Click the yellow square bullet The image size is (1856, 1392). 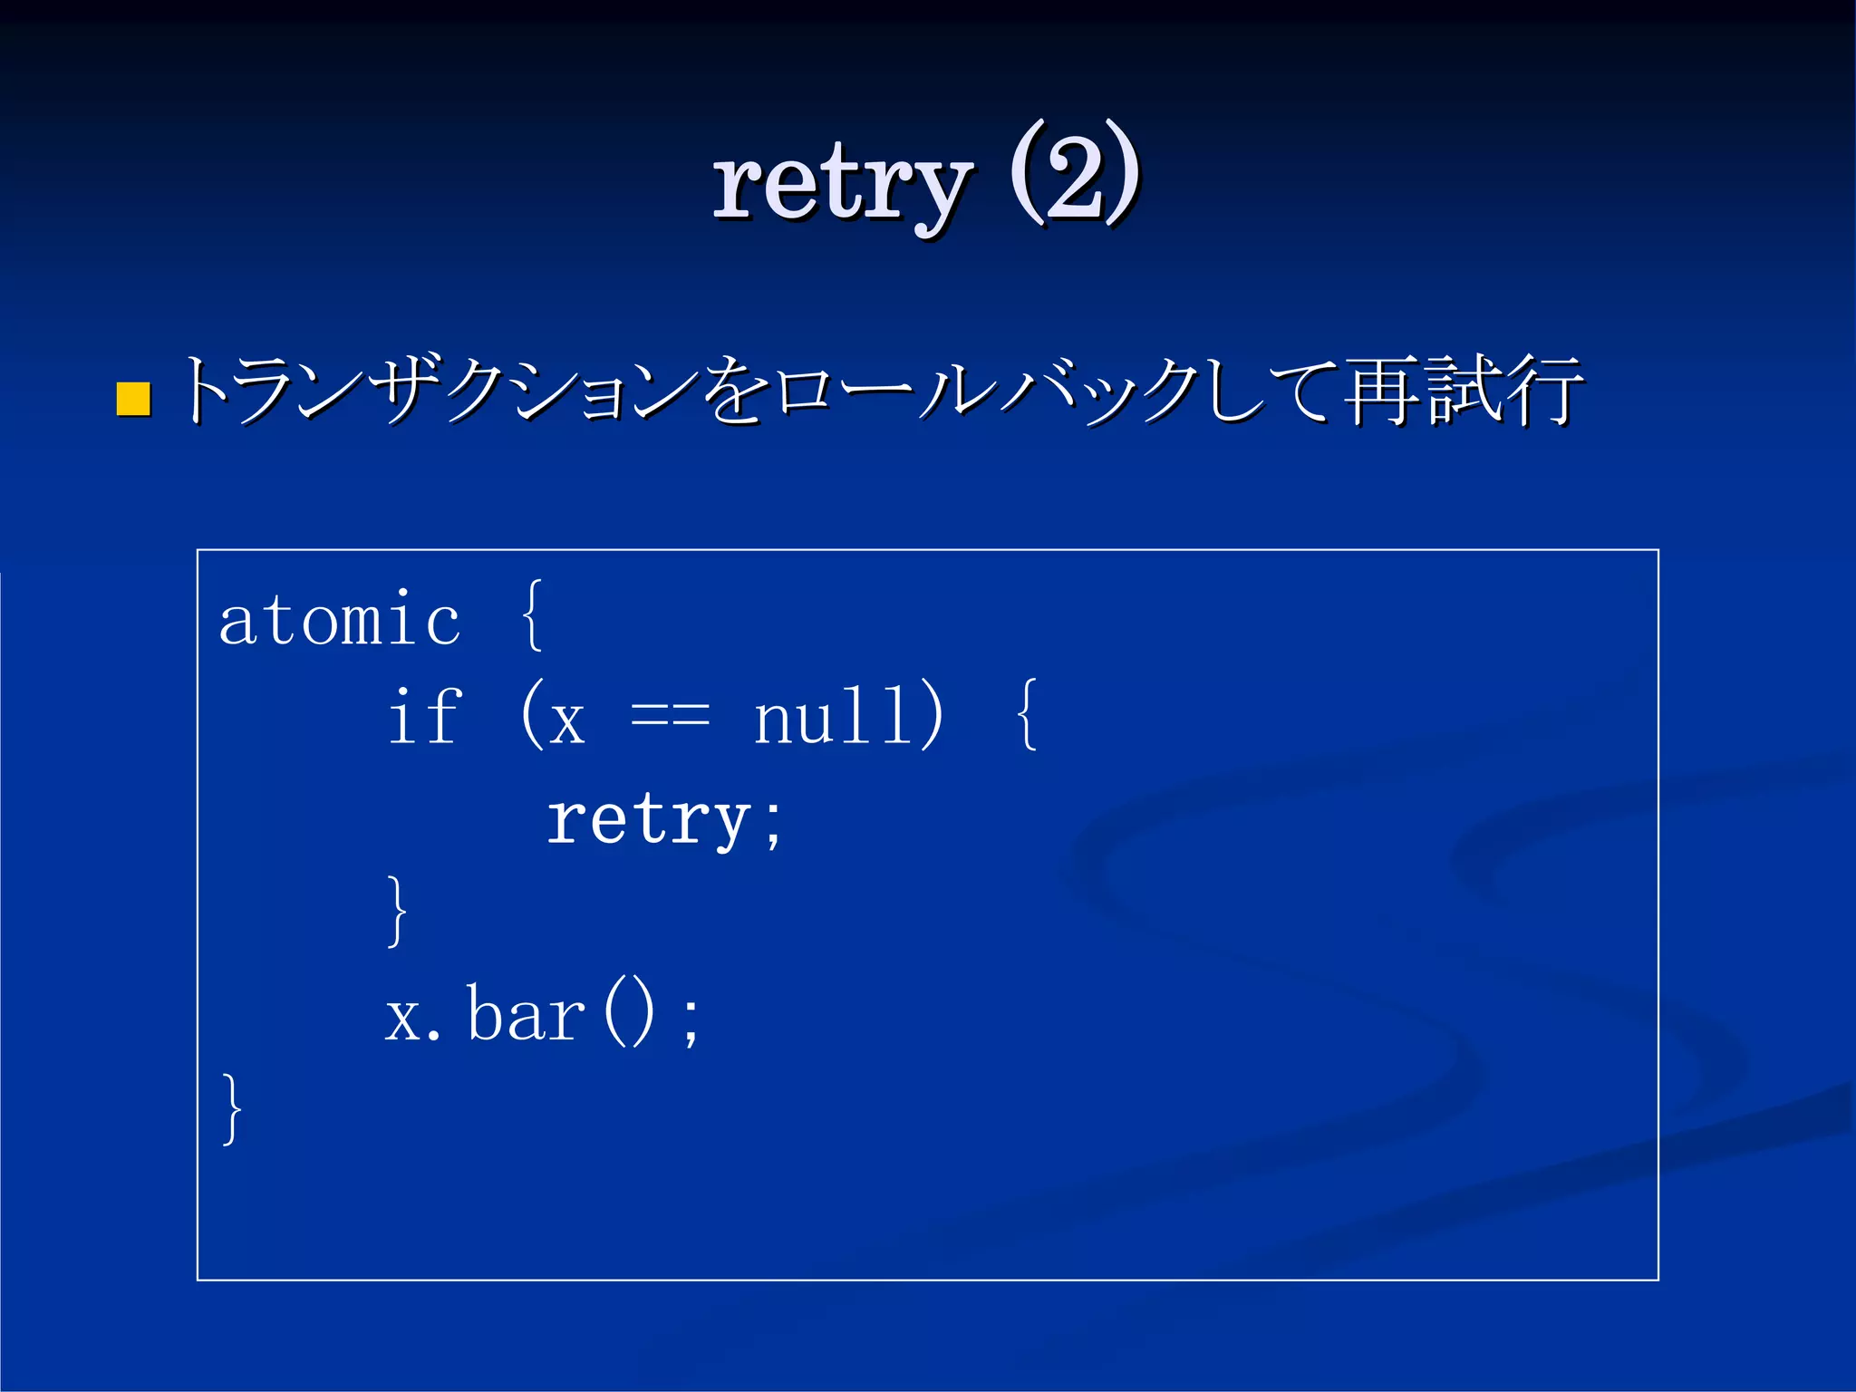pyautogui.click(x=133, y=399)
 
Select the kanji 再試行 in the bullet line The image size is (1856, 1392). pyautogui.click(x=1461, y=391)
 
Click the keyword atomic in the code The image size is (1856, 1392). pyautogui.click(x=340, y=621)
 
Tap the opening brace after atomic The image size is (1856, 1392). pyautogui.click(x=533, y=615)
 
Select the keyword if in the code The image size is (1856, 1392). pyautogui.click(x=424, y=716)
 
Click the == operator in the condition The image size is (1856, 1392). pyautogui.click(x=670, y=719)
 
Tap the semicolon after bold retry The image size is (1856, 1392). pyautogui.click(x=772, y=825)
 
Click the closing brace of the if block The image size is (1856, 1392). pyautogui.click(x=397, y=912)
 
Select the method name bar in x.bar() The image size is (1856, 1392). pyautogui.click(x=527, y=1015)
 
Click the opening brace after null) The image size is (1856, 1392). pyautogui.click(x=1026, y=715)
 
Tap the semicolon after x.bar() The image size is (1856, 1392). pyautogui.click(x=691, y=1020)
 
